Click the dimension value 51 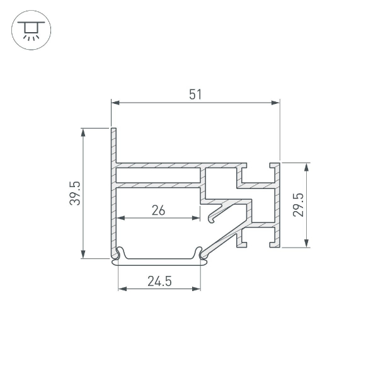click(x=195, y=94)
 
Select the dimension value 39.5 click(x=74, y=193)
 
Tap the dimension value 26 click(x=158, y=210)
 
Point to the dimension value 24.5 click(x=159, y=281)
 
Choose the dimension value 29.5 click(x=298, y=205)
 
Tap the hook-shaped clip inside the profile click(x=217, y=213)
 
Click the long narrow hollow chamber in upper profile click(x=157, y=175)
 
